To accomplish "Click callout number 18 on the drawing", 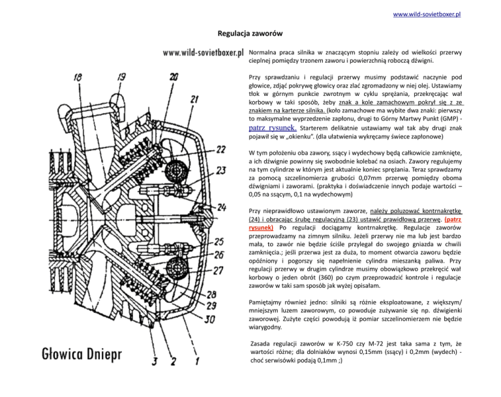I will (78, 77).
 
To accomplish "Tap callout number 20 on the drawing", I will (173, 77).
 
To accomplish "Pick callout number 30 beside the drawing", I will (211, 320).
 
